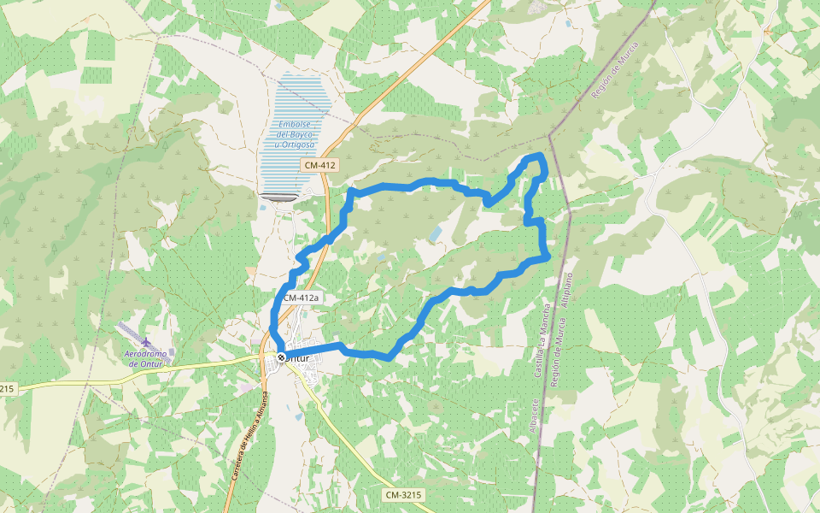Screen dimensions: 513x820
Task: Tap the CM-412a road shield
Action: pos(301,298)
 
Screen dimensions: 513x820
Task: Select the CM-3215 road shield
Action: pos(403,495)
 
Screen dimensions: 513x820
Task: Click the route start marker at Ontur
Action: pos(281,357)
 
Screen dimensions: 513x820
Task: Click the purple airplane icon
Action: pos(147,343)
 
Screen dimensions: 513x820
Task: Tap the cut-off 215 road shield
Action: pos(7,389)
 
